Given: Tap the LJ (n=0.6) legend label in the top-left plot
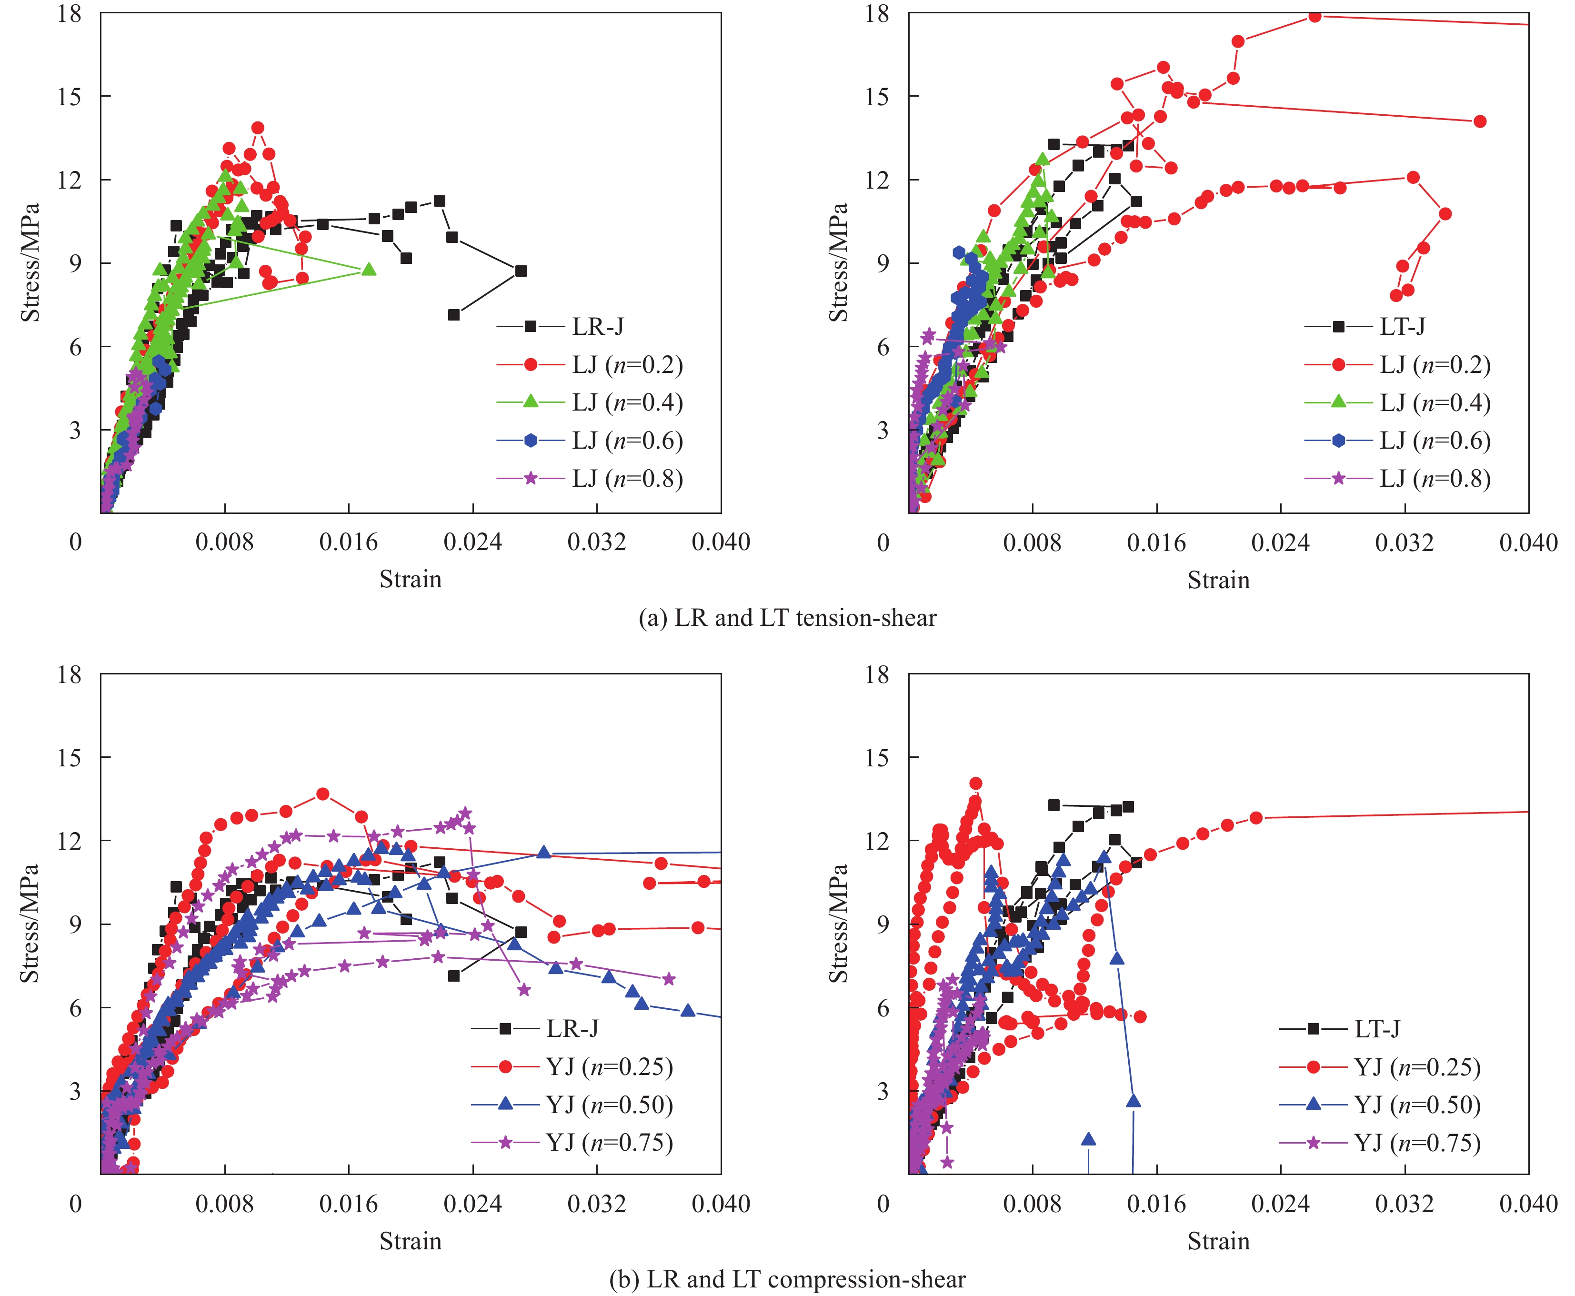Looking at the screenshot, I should click(x=627, y=441).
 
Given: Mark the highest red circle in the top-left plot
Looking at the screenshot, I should click(x=258, y=128).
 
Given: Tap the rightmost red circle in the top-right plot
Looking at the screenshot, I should click(x=1480, y=121).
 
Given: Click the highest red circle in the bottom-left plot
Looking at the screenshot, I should click(x=322, y=794).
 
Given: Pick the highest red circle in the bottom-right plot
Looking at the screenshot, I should click(x=975, y=783).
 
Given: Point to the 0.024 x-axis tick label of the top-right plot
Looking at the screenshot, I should click(x=1280, y=543).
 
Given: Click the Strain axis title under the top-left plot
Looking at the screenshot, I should click(x=411, y=579).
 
